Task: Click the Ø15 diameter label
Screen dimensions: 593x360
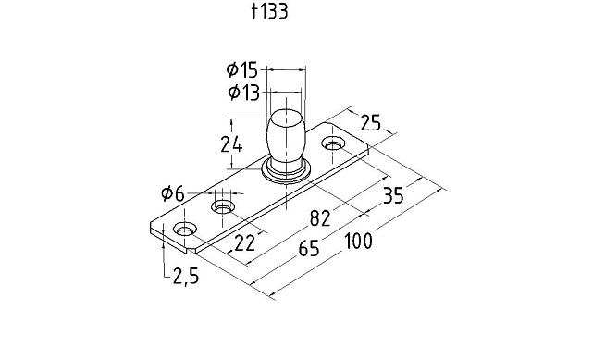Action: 242,70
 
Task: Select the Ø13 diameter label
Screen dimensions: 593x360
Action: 244,93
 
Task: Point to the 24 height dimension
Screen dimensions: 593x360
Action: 231,144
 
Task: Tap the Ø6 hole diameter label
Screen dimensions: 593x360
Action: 173,194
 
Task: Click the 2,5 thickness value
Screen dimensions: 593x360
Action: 186,276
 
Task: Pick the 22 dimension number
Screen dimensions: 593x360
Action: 245,243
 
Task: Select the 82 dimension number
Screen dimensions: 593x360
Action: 320,218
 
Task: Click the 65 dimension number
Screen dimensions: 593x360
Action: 309,249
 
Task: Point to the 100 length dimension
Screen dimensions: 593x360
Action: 359,242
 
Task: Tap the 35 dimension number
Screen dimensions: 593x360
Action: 393,195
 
